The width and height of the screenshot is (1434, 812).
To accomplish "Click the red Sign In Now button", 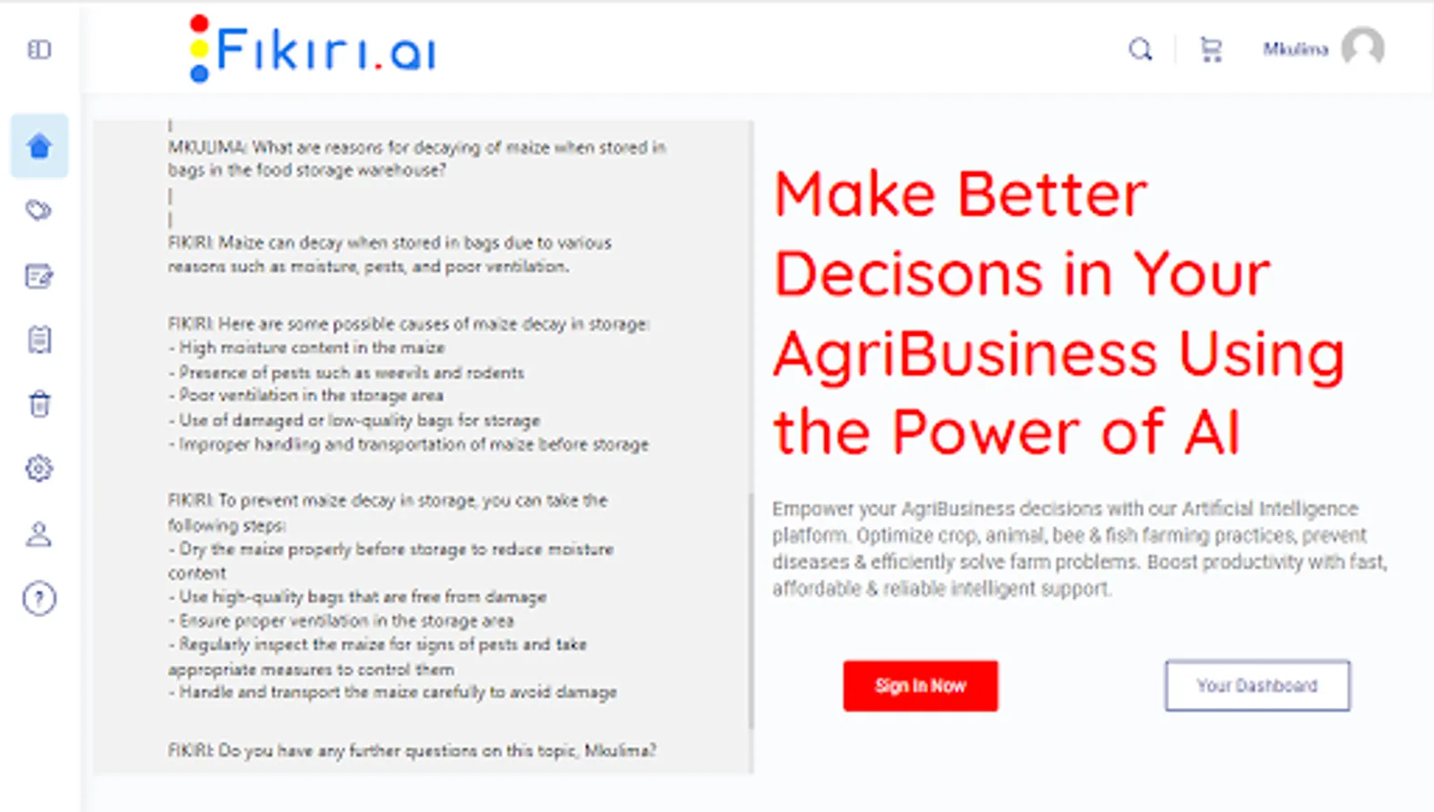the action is (x=920, y=686).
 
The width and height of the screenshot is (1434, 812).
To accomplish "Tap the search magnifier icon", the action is (x=1140, y=50).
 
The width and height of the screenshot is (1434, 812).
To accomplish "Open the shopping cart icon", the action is (x=1210, y=50).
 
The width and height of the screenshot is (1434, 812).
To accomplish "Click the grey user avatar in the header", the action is (x=1363, y=46).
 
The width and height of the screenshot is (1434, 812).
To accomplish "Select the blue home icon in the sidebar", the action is (x=39, y=146).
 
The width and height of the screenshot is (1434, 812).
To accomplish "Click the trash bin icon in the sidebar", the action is (x=39, y=404).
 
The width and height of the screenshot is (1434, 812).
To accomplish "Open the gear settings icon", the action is (x=39, y=468).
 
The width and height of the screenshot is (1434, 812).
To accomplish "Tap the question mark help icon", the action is (x=39, y=598).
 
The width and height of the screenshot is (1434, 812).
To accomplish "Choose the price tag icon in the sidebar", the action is (x=39, y=210).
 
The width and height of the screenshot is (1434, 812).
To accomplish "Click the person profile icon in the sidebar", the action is (x=39, y=534).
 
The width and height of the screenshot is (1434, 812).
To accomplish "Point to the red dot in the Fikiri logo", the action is (x=199, y=23).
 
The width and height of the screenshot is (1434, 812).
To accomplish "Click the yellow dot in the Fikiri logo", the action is (x=199, y=49).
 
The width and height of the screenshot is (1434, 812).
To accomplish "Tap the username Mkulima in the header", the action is (x=1295, y=50).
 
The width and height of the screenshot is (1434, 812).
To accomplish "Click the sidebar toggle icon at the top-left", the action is (x=39, y=50).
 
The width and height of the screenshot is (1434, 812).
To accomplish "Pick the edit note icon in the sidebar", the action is (x=39, y=276).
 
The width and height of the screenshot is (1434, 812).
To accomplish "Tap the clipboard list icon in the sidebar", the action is (x=39, y=340).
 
